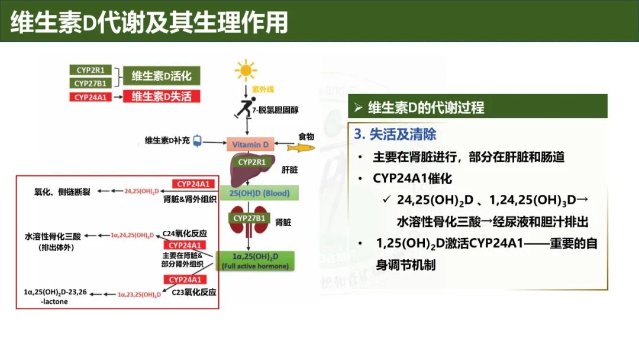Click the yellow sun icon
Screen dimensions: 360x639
[246, 70]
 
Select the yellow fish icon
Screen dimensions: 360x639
[298, 147]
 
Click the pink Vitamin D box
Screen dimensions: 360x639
[250, 144]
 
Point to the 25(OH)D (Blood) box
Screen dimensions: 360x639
[251, 194]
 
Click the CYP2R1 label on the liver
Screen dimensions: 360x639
[251, 161]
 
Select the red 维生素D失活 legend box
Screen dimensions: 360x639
[162, 97]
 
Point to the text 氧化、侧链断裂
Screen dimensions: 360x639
[62, 192]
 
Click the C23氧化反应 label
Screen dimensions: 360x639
[193, 292]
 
